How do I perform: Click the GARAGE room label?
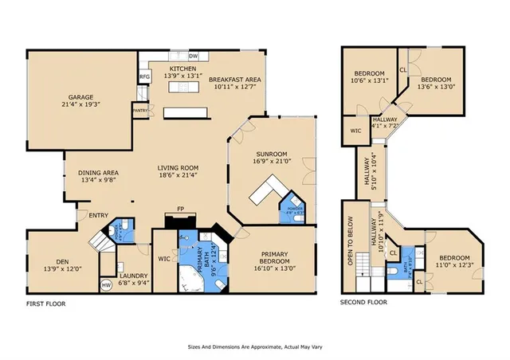80,96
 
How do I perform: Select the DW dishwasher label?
193,57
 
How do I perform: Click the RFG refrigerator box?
145,76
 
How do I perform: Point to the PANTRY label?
140,111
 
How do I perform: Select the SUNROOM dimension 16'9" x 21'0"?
272,161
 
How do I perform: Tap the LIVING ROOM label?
178,168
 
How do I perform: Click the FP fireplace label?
181,209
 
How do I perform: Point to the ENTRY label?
98,214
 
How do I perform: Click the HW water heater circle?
106,284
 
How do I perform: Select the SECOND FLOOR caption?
363,303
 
